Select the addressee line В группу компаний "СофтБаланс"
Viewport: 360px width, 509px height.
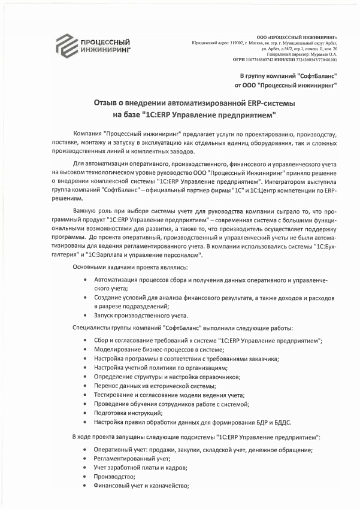[288, 76]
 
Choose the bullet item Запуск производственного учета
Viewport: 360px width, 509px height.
[141, 315]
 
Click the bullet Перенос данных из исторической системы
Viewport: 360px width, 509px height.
[155, 386]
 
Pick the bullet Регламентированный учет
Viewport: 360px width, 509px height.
[128, 458]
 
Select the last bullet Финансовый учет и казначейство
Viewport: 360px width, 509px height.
[141, 486]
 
